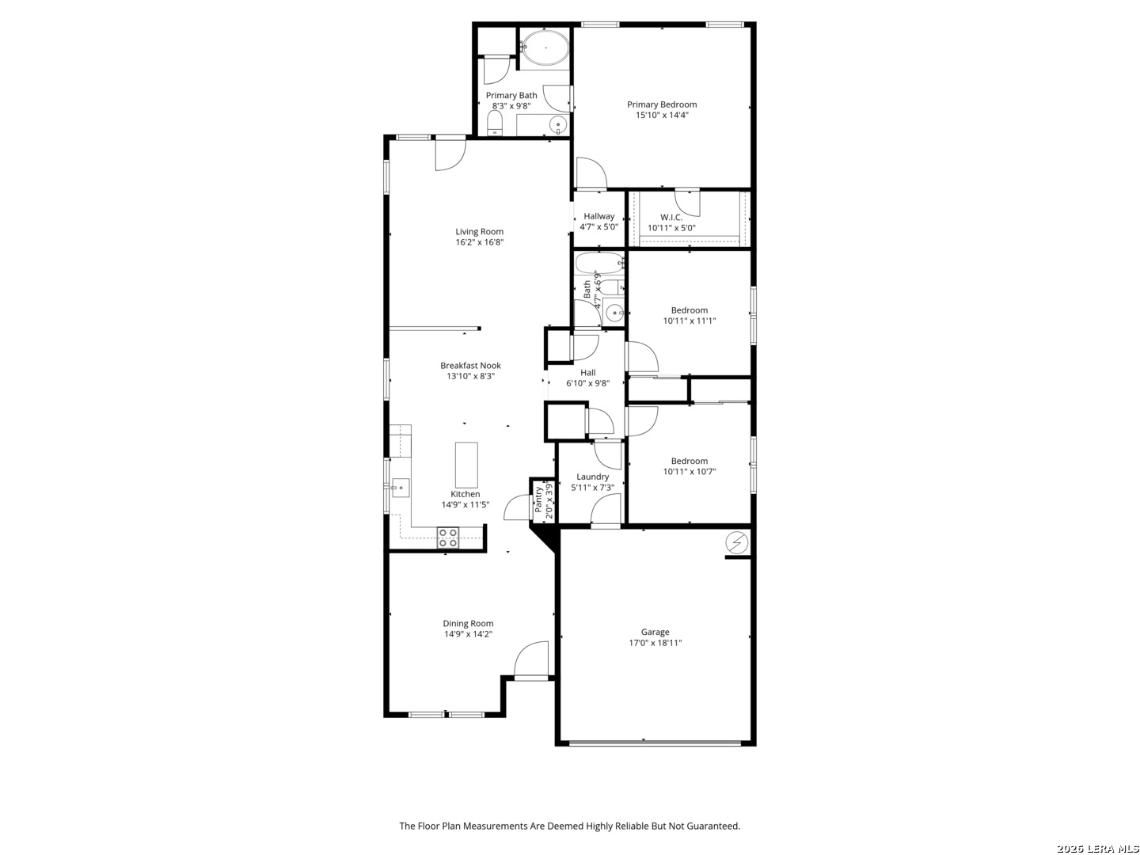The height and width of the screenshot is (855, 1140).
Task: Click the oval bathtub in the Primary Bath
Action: click(x=545, y=47)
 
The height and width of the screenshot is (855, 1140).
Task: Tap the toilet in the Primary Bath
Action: click(x=495, y=123)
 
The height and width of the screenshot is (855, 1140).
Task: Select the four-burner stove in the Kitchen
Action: click(x=447, y=538)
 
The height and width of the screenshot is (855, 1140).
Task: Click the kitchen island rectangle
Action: click(x=465, y=465)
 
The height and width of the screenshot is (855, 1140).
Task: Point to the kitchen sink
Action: click(x=400, y=488)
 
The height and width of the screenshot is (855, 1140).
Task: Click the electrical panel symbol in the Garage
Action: click(x=736, y=543)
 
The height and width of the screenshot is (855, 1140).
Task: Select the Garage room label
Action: click(x=655, y=632)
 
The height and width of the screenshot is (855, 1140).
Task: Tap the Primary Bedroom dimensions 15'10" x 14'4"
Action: click(x=662, y=115)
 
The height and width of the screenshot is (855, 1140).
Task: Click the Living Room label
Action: click(x=479, y=231)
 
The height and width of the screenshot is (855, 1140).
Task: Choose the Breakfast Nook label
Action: click(x=470, y=366)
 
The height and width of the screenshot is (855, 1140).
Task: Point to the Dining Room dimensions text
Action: click(x=467, y=634)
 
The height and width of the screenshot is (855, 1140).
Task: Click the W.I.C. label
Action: click(x=671, y=217)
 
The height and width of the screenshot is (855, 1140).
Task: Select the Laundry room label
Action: click(x=592, y=477)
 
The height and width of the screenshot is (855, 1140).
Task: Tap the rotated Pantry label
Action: click(x=538, y=499)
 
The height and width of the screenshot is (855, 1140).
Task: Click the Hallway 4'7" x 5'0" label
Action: click(x=598, y=221)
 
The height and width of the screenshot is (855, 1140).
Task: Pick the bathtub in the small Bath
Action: click(x=598, y=263)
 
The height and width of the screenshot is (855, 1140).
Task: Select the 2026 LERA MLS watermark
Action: click(x=1097, y=848)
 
